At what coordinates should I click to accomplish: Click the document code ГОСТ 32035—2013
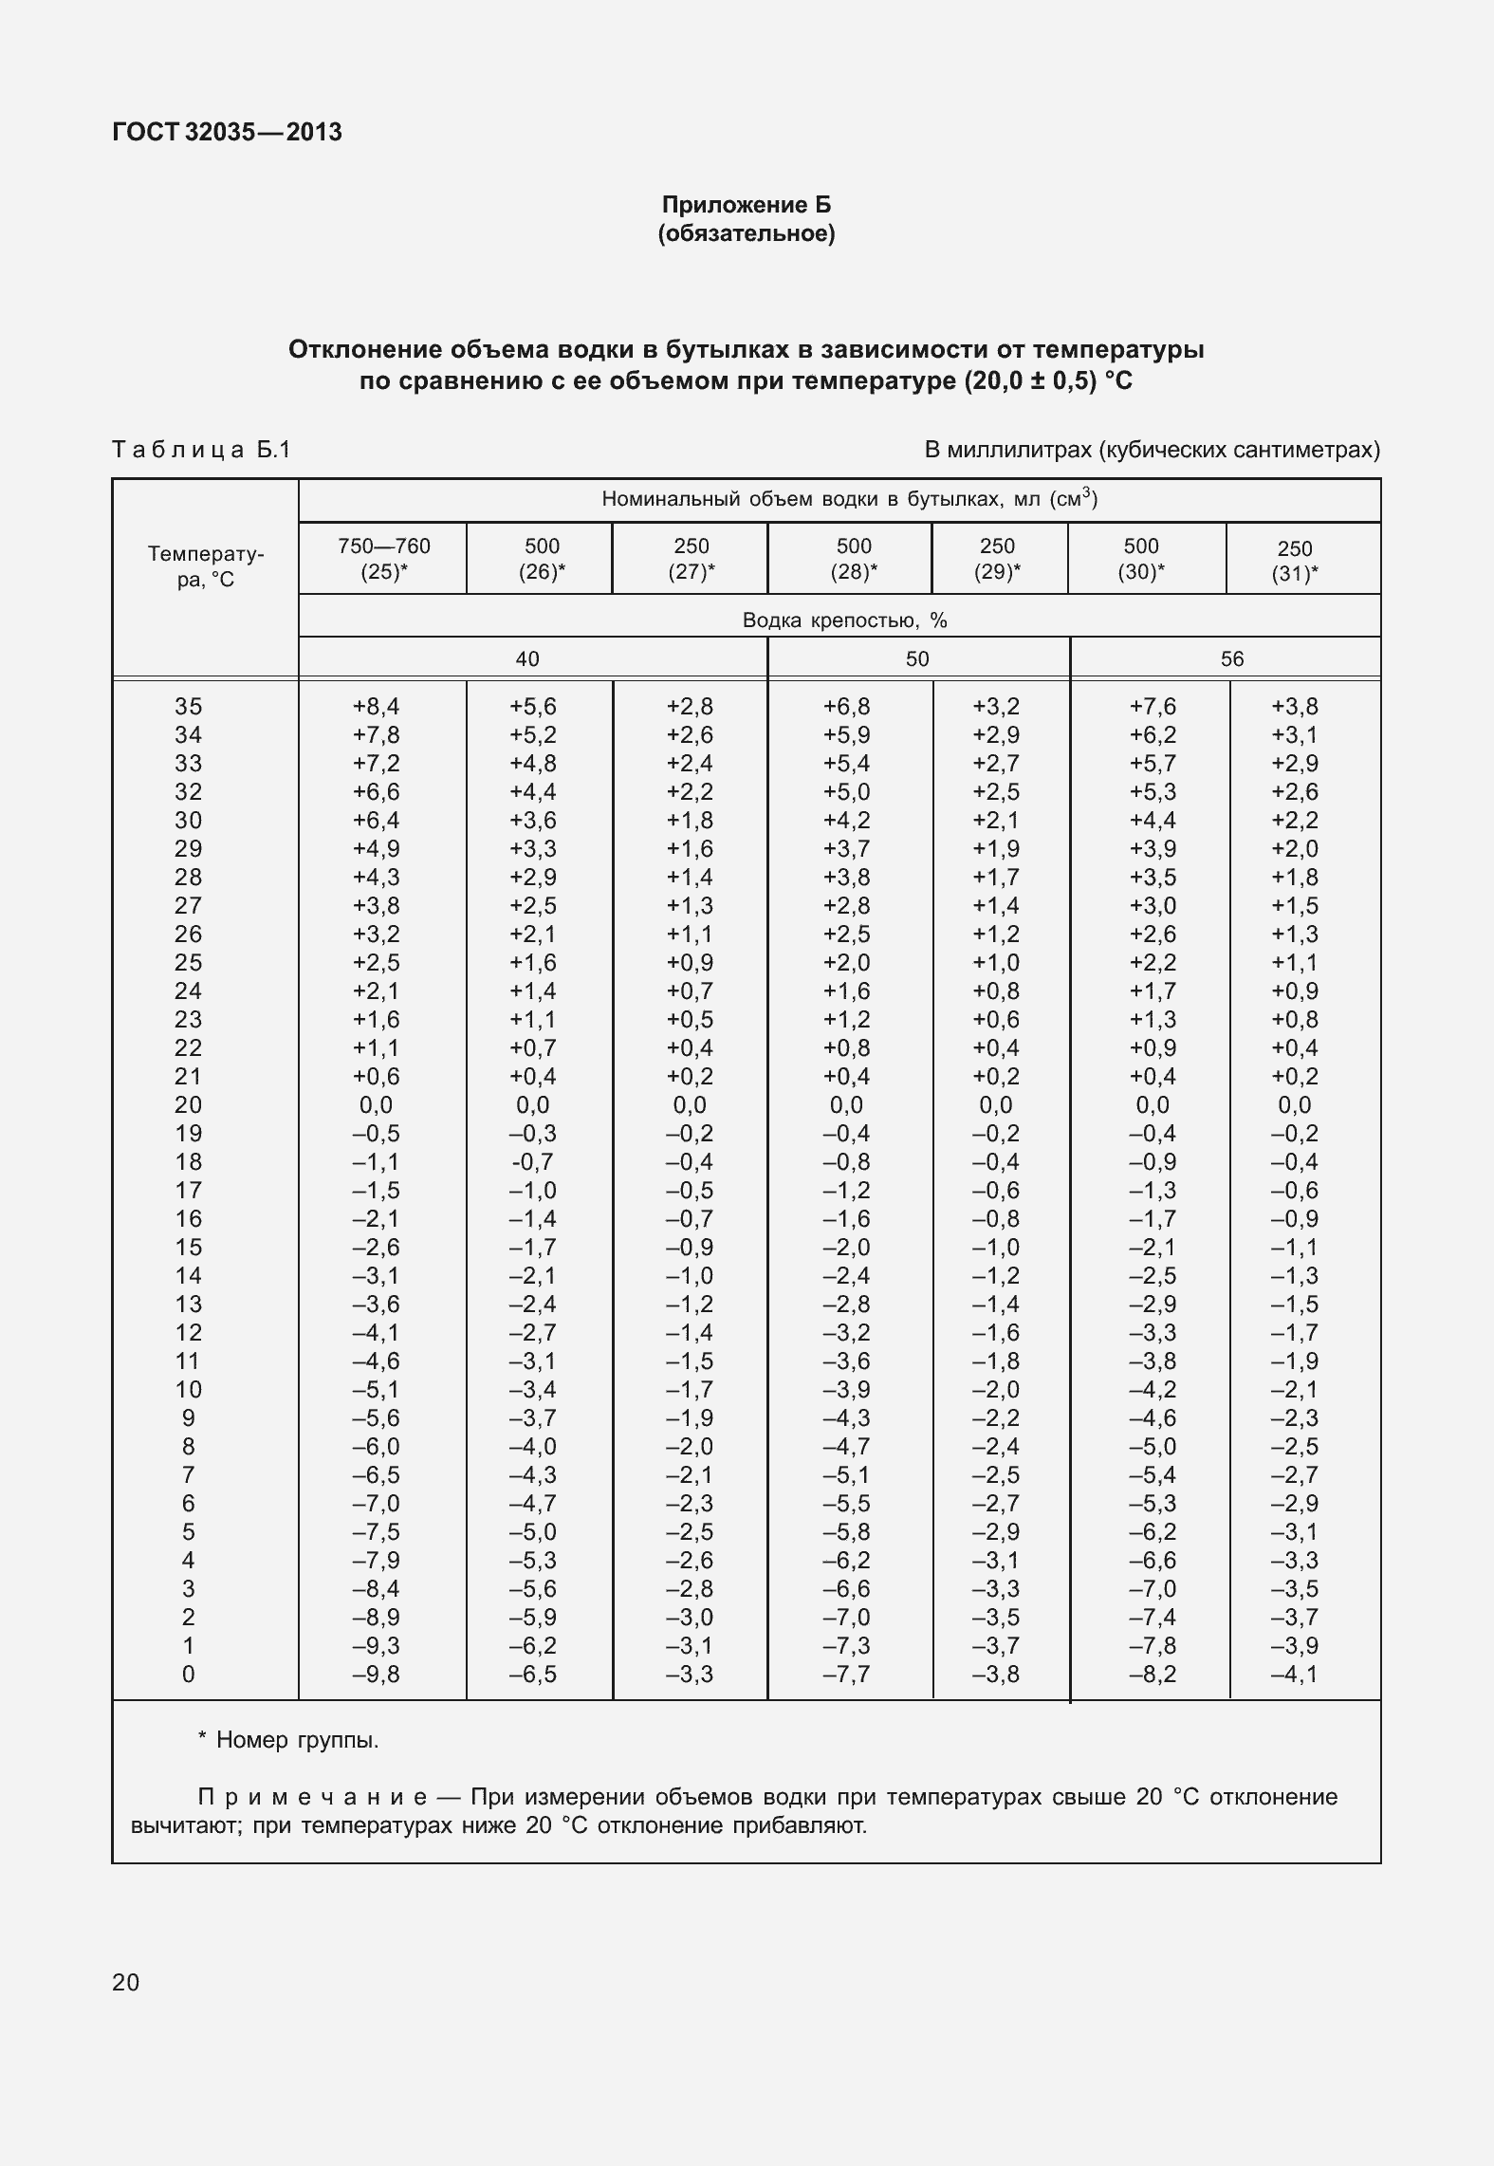pos(227,132)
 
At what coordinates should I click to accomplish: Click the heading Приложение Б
pos(746,205)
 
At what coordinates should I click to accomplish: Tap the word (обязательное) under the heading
pos(746,233)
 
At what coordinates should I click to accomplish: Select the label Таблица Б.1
pos(201,449)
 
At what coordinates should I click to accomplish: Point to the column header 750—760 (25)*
pos(383,559)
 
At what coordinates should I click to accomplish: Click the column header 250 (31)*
pos(1294,561)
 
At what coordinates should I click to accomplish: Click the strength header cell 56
pos(1231,659)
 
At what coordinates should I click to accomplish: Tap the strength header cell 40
pos(527,659)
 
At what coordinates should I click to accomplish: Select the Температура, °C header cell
pos(205,566)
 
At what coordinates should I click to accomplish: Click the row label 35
pos(188,707)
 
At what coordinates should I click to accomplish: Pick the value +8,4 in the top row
pos(376,707)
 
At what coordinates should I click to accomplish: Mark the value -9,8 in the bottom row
pos(376,1675)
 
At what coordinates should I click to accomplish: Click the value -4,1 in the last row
pos(1294,1675)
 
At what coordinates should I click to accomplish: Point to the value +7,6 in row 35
pos(1153,707)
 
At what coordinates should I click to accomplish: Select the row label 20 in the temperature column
pos(188,1105)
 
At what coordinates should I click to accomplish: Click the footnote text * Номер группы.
pos(287,1740)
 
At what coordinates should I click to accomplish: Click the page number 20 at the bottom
pos(125,1983)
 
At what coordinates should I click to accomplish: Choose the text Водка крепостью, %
pos(844,620)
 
